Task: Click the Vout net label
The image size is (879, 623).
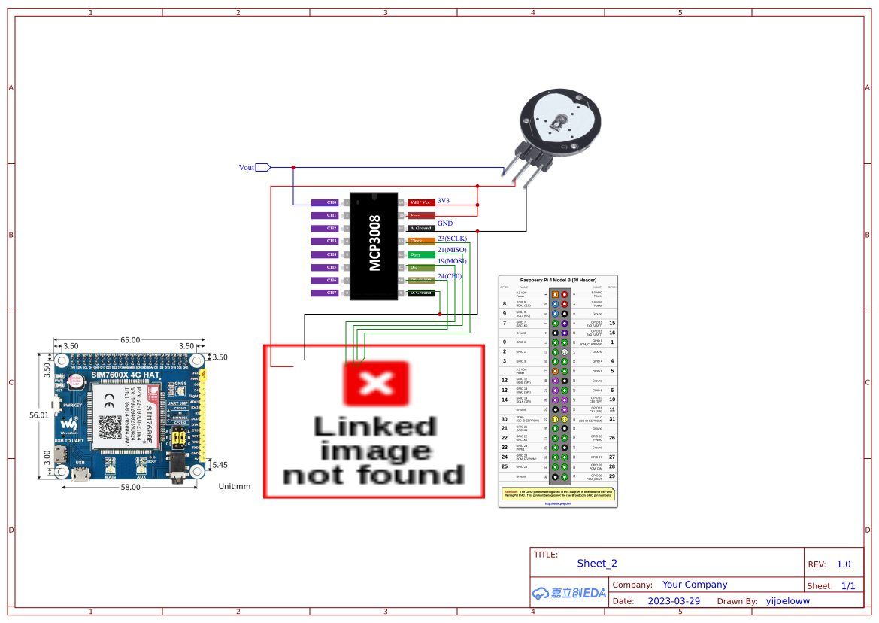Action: coord(247,167)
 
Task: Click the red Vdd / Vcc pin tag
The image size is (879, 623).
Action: coord(420,202)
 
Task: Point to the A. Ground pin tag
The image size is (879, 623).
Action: coord(420,228)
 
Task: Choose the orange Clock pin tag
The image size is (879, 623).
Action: coord(420,241)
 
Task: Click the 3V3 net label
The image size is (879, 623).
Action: coord(444,201)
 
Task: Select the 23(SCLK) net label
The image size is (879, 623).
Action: coord(452,239)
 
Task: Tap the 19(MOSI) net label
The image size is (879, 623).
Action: coord(452,261)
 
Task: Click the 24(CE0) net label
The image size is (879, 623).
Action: coord(450,276)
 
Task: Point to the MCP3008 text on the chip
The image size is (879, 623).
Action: coord(374,243)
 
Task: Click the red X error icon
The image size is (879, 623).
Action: coord(376,384)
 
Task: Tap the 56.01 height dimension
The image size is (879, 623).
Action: coord(39,415)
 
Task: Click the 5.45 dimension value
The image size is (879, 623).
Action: coord(220,465)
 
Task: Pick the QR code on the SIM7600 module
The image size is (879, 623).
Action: coord(111,427)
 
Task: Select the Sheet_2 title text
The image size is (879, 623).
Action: coord(597,563)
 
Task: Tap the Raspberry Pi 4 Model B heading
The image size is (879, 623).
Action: coord(558,280)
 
